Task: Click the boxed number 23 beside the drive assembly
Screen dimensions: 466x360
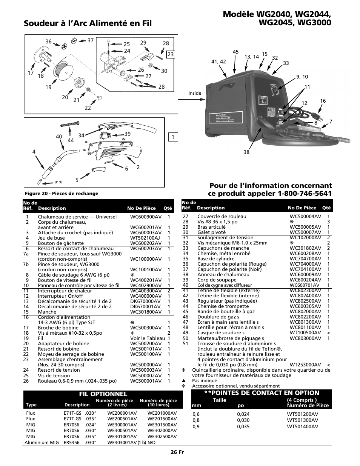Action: [170, 54]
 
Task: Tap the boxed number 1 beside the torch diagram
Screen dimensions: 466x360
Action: [173, 137]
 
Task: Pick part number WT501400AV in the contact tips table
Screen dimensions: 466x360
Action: [302, 426]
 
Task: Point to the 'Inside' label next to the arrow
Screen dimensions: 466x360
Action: [195, 93]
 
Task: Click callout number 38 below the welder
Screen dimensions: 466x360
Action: [246, 152]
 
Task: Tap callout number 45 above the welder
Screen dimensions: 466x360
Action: [235, 52]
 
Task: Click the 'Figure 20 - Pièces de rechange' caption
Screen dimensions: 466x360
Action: [61, 194]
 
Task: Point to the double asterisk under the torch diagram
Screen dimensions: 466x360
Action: [58, 183]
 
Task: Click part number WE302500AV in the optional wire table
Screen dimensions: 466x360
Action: [162, 437]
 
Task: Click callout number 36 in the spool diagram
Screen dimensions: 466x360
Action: [48, 42]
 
